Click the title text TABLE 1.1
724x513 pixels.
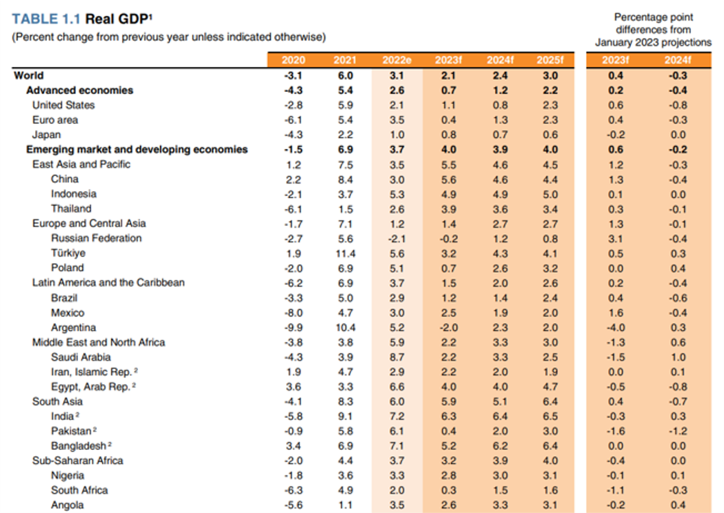pos(46,19)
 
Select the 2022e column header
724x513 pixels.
pos(397,60)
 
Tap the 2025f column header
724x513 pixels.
pos(550,60)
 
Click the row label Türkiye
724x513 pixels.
pos(69,253)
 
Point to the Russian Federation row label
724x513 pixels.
pos(97,238)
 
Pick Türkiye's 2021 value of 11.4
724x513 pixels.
pos(346,253)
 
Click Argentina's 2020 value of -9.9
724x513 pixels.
pos(293,327)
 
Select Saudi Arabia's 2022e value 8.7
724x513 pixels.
pos(397,357)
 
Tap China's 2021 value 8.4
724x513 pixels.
pos(346,179)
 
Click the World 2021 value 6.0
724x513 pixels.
pos(346,75)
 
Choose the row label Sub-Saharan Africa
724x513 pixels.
pos(77,460)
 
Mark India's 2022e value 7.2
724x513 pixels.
pos(397,416)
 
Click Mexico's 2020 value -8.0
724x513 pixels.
pos(293,313)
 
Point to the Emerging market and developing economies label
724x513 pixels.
pos(137,149)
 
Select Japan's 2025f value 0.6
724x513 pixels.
pos(550,135)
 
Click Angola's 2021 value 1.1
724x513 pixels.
pos(346,505)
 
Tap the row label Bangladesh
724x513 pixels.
pos(78,446)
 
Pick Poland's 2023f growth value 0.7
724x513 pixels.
pos(448,268)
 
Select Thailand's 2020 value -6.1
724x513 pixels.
pos(293,209)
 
